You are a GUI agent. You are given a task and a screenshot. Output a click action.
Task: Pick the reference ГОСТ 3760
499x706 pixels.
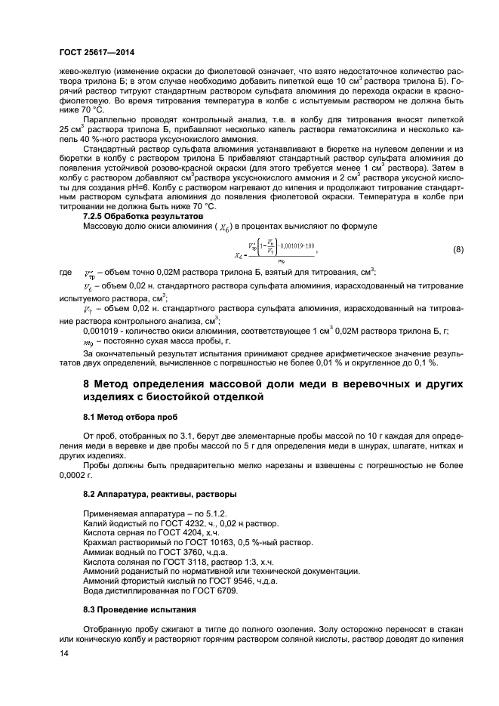click(x=171, y=552)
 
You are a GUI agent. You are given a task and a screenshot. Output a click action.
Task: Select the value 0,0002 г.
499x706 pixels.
click(x=75, y=476)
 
